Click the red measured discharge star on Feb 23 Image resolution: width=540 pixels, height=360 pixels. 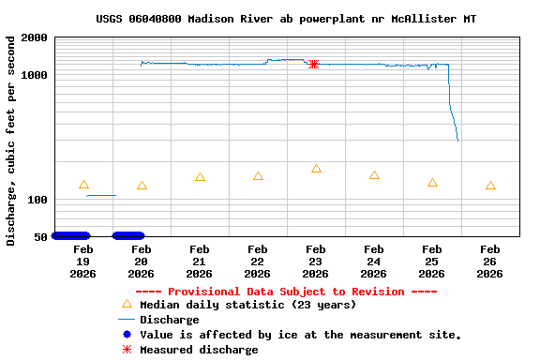(x=314, y=64)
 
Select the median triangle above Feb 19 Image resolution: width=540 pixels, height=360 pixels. (x=83, y=185)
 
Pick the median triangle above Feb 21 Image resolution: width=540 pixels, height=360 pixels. (x=200, y=177)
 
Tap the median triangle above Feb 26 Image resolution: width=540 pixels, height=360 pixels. (x=490, y=186)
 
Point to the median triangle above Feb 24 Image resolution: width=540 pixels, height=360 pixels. (x=374, y=175)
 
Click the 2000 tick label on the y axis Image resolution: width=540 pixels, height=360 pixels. (x=34, y=37)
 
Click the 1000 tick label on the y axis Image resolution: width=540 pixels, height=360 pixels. (x=34, y=75)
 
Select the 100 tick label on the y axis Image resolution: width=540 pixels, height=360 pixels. (x=37, y=201)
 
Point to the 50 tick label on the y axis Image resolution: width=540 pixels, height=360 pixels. (x=40, y=237)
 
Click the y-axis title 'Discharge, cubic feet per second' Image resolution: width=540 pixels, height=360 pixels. (x=11, y=141)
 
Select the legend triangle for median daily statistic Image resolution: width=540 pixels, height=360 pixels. (x=127, y=304)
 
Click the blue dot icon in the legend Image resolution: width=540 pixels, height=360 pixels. (x=127, y=335)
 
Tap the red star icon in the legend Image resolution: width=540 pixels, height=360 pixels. (x=127, y=350)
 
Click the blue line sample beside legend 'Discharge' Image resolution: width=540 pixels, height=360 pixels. (x=127, y=320)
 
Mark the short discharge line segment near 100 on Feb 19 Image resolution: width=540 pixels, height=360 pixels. (x=100, y=195)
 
